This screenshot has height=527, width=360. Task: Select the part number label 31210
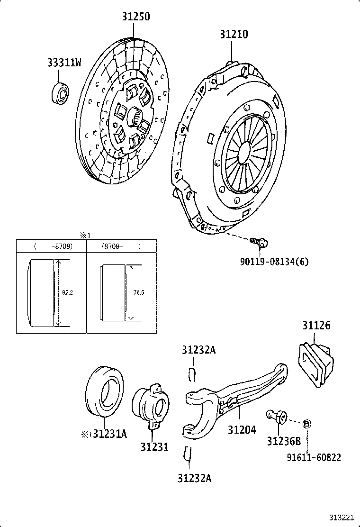coord(234,34)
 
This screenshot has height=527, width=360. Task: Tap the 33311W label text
coord(64,63)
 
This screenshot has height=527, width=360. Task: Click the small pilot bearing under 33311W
coord(60,92)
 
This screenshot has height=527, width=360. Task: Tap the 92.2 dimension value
coord(67,292)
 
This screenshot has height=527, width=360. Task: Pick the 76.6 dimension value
coord(138,292)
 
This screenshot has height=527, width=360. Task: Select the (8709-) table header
coord(121,246)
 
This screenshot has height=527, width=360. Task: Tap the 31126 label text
coord(316,326)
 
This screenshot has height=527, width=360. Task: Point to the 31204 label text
coord(242,429)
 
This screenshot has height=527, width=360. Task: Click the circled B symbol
coord(306,423)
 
